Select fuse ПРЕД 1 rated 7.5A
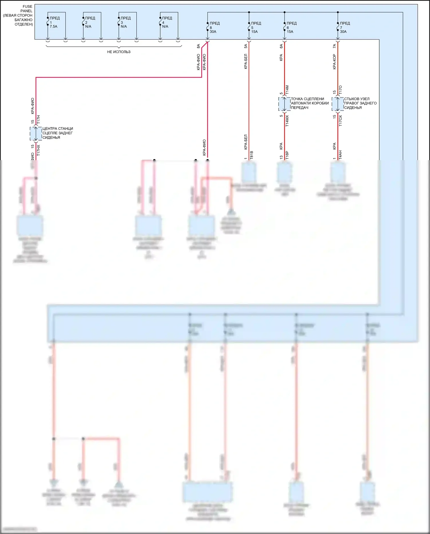click(48, 22)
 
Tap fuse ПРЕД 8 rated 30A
click(208, 28)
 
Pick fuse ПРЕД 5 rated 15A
click(249, 28)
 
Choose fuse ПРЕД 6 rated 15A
click(284, 28)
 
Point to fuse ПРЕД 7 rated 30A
click(338, 28)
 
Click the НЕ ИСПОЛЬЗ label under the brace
click(119, 52)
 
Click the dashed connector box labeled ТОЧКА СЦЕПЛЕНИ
click(284, 104)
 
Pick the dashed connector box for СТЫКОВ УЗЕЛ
click(337, 104)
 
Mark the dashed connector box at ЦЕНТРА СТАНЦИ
click(36, 134)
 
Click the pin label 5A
click(246, 46)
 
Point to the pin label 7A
click(335, 46)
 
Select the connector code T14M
click(287, 90)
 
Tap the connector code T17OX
click(341, 121)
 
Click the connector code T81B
click(252, 155)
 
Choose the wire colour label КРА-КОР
click(335, 62)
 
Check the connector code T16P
click(287, 155)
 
